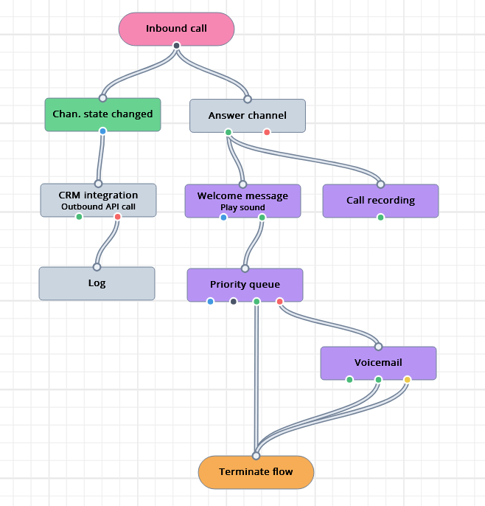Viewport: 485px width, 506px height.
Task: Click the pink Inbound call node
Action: coord(176,29)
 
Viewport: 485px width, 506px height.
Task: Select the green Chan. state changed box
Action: coord(102,114)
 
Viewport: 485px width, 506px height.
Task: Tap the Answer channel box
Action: coord(248,116)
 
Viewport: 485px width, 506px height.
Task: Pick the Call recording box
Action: coord(380,201)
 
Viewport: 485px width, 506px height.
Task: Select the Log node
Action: coord(97,283)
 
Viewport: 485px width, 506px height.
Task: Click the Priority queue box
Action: coord(245,285)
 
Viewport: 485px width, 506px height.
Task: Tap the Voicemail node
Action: coord(378,363)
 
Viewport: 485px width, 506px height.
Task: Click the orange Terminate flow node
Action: coord(256,472)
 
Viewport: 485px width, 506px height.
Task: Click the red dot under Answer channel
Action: coord(267,133)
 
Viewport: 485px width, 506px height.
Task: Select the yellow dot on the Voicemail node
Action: coord(407,380)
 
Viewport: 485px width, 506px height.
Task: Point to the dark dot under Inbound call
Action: coord(176,46)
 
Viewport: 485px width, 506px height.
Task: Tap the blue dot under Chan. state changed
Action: coord(102,131)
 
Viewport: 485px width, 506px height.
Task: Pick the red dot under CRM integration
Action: coord(117,217)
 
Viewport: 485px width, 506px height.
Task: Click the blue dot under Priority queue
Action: coord(210,302)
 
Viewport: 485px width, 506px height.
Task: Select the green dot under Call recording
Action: coord(380,218)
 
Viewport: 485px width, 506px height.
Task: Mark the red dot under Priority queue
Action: coord(279,302)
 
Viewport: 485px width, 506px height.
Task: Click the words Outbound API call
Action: coord(98,207)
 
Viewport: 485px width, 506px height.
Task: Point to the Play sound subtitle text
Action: coord(242,208)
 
